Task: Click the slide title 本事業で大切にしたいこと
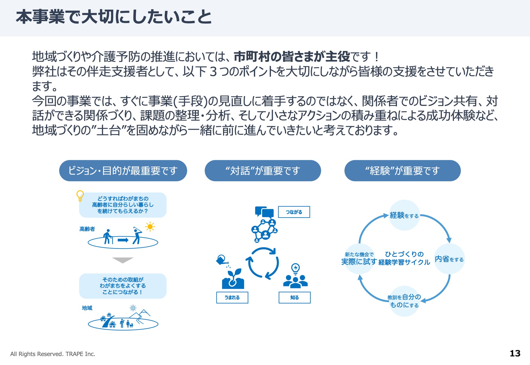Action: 114,17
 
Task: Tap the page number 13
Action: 515,353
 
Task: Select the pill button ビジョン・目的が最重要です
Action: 123,171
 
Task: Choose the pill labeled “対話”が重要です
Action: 263,171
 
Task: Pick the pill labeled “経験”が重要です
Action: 402,171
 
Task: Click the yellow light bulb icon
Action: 80,195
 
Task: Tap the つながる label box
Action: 294,212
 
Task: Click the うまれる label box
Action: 232,298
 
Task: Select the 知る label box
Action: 294,298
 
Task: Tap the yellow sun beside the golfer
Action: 150,227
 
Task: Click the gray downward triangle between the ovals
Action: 123,260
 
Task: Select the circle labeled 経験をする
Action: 404,215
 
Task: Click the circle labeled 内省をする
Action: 449,259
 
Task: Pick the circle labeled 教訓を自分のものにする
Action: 404,301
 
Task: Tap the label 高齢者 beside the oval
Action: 87,229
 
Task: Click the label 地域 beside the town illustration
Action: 87,308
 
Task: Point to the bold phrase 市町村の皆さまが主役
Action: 292,57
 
